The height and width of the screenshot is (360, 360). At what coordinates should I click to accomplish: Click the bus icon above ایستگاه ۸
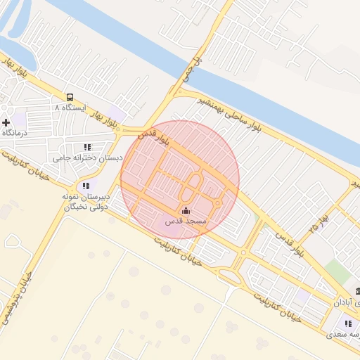tap(70, 97)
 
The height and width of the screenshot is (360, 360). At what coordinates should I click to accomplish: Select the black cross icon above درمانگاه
tap(6, 122)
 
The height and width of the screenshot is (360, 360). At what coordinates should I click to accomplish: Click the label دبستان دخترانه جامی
tap(93, 158)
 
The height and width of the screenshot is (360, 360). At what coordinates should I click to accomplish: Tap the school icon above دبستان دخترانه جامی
tap(87, 147)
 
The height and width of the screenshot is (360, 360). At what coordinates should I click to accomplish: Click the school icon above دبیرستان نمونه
tap(85, 186)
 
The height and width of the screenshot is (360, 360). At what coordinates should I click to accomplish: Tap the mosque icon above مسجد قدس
tap(186, 210)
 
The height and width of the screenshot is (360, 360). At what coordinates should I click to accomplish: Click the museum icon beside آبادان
tap(358, 291)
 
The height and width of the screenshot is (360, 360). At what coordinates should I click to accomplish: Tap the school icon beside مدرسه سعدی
tap(347, 323)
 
